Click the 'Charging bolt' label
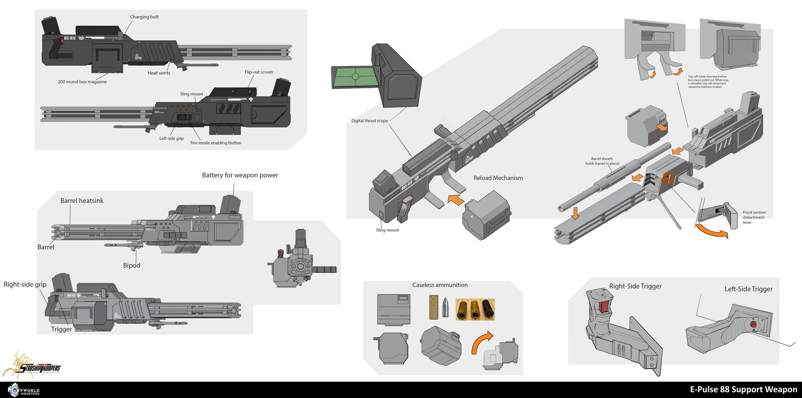click(x=144, y=17)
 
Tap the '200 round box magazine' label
click(x=82, y=82)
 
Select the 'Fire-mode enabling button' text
click(x=216, y=143)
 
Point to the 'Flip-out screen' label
click(x=259, y=72)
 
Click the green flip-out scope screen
click(x=355, y=77)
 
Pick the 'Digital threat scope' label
click(x=369, y=121)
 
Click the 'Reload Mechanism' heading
click(x=498, y=178)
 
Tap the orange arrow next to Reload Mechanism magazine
click(x=456, y=199)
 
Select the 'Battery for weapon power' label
click(x=240, y=175)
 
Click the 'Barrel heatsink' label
click(x=82, y=201)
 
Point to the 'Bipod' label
click(x=132, y=265)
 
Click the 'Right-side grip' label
click(x=25, y=285)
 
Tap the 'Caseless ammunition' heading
click(x=440, y=285)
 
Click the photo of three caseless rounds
click(x=475, y=309)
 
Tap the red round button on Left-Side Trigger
click(x=754, y=324)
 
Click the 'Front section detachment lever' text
click(x=754, y=217)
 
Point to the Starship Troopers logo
click(x=33, y=366)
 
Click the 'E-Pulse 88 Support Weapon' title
click(x=744, y=390)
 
